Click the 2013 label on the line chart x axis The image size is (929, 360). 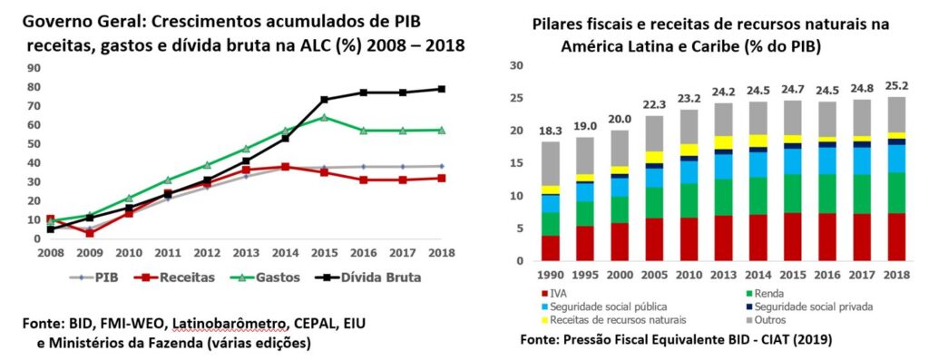pos(246,252)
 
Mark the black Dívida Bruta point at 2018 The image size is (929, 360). pos(442,89)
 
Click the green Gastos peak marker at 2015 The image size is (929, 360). pos(323,117)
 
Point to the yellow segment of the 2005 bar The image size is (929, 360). pos(654,157)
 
